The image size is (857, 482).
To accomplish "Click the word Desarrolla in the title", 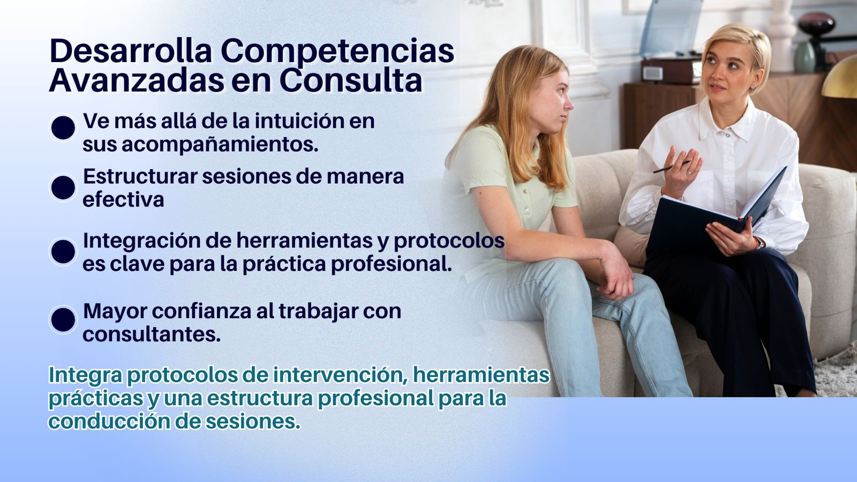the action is click(x=131, y=51).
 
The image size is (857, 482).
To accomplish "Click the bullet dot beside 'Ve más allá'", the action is click(x=63, y=128).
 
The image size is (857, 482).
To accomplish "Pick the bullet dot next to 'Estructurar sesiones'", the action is click(x=63, y=187).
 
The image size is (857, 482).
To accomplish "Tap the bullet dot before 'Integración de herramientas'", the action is click(x=63, y=251).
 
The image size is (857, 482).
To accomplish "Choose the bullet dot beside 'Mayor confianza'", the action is click(x=63, y=319).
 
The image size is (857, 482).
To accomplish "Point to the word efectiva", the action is click(x=123, y=200).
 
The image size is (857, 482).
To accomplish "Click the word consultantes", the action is click(x=152, y=334).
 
